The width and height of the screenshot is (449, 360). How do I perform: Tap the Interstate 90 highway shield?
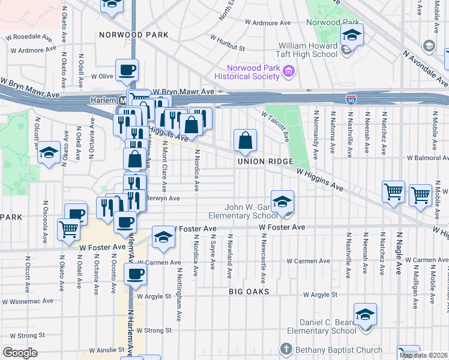pyautogui.click(x=350, y=98)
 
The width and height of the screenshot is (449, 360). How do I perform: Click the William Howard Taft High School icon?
pyautogui.click(x=352, y=34)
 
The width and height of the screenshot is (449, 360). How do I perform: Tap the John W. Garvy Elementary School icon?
pyautogui.click(x=282, y=202)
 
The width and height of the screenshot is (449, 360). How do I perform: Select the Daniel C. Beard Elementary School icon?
pyautogui.click(x=364, y=314)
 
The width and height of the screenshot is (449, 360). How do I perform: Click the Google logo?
pyautogui.click(x=20, y=352)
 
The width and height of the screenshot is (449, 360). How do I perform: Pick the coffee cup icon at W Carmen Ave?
pyautogui.click(x=134, y=274)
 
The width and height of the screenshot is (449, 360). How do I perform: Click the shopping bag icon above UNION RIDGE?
pyautogui.click(x=245, y=142)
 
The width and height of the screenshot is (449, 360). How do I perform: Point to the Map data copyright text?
pyautogui.click(x=423, y=355)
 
